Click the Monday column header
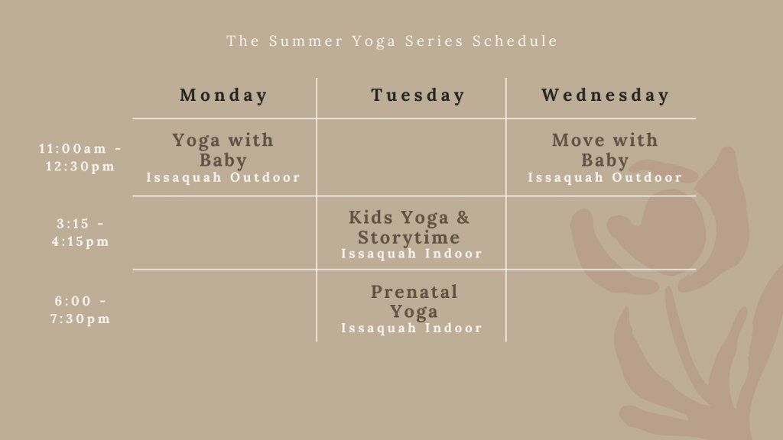[223, 95]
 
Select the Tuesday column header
[417, 95]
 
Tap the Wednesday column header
[606, 95]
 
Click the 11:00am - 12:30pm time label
[80, 157]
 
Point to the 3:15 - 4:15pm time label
[80, 232]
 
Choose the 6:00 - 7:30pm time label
[80, 310]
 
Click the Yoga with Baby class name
[223, 150]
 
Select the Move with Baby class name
[605, 150]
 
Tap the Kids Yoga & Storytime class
[410, 228]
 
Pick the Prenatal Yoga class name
[414, 302]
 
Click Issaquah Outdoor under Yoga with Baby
[223, 177]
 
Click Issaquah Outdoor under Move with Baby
[605, 177]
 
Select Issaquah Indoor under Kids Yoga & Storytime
[411, 254]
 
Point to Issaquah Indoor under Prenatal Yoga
[411, 328]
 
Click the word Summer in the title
[306, 41]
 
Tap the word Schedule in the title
[515, 41]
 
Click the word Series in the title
[434, 41]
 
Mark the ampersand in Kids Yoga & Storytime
[463, 218]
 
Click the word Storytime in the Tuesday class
[408, 238]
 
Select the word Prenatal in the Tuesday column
[414, 292]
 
